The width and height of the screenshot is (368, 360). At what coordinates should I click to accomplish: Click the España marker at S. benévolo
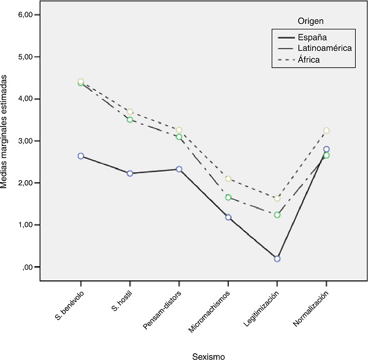tap(81, 156)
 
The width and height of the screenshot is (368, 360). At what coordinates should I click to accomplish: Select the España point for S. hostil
tap(130, 173)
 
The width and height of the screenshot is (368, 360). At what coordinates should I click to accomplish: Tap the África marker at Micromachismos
tap(228, 178)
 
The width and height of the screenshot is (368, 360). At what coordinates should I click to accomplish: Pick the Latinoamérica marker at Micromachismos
tap(228, 197)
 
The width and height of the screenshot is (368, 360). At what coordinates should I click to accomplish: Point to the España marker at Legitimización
tap(277, 259)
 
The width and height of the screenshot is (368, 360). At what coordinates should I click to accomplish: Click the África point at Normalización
tap(326, 131)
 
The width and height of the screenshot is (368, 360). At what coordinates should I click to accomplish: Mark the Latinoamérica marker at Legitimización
tap(277, 215)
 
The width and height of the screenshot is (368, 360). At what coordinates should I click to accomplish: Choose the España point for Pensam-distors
tap(179, 169)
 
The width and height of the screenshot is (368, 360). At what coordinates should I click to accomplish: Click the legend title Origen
tap(311, 21)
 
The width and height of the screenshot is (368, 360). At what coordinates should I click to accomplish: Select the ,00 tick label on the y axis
tap(31, 267)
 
